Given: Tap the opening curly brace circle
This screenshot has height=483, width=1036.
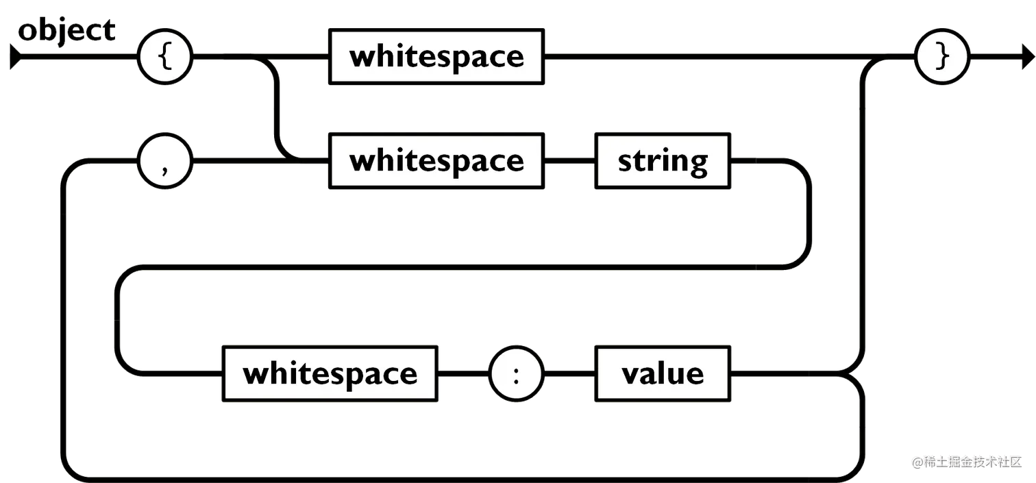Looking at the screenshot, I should (x=164, y=57).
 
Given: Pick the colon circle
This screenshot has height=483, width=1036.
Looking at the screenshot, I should (x=516, y=374).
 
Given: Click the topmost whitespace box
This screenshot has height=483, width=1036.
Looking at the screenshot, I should (x=436, y=56).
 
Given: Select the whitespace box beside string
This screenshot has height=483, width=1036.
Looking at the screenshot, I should (x=436, y=161).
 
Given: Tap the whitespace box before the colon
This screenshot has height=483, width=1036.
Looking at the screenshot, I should (x=330, y=374).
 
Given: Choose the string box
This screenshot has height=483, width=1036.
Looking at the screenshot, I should (x=663, y=162).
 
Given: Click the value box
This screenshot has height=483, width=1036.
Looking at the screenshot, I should (x=663, y=374).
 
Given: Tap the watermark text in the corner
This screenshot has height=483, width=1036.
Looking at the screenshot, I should (x=966, y=460).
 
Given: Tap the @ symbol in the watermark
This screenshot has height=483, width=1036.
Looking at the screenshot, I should (x=916, y=461).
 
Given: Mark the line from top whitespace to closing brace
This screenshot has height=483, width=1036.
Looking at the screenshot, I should (x=719, y=52).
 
